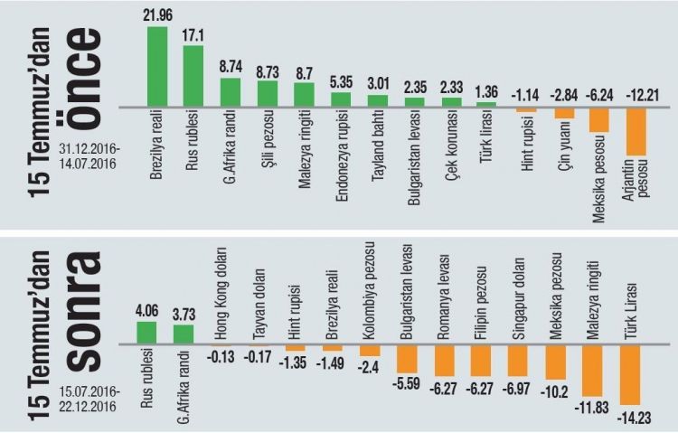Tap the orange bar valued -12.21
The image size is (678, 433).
(636, 132)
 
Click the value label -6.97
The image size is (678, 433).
(516, 386)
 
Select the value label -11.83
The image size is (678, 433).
(592, 408)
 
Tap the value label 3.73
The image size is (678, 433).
(184, 314)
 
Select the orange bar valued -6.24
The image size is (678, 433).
(598, 120)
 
